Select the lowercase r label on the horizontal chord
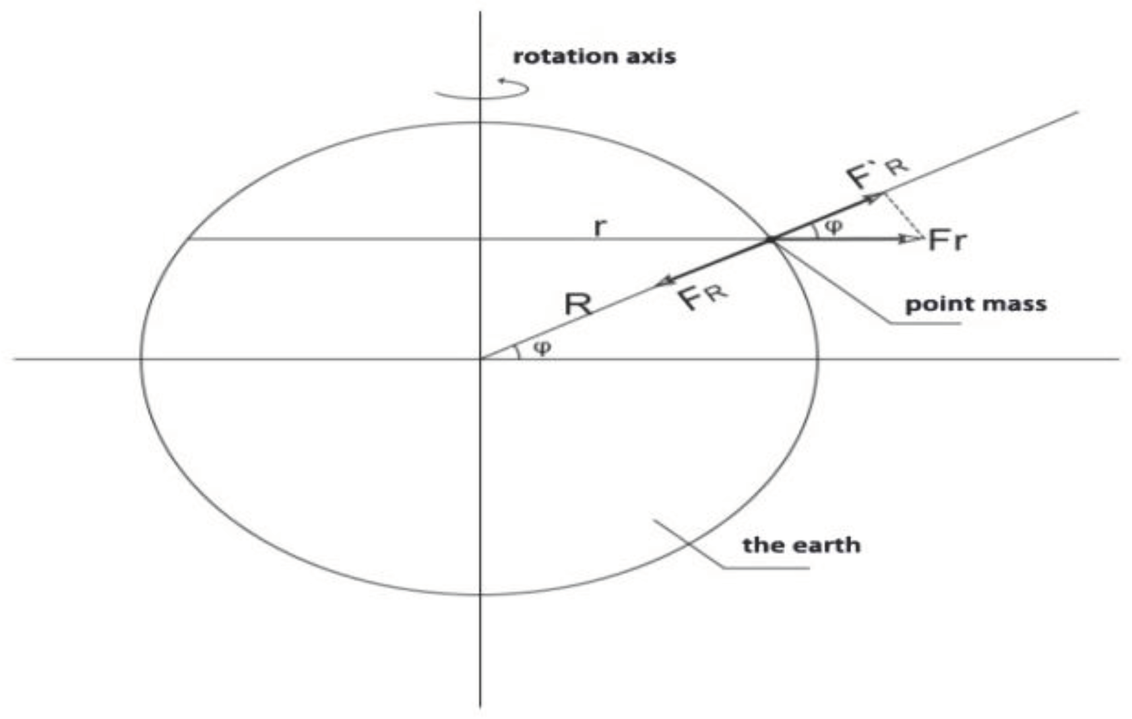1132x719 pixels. click(x=599, y=227)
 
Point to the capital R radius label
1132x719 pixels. click(x=578, y=305)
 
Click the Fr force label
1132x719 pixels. click(x=947, y=240)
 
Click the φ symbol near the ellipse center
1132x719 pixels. click(x=542, y=348)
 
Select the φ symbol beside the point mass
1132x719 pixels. click(x=834, y=226)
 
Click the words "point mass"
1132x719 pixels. click(x=976, y=304)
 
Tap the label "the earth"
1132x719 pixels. click(x=801, y=544)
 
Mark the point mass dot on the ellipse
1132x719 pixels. click(x=770, y=239)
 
